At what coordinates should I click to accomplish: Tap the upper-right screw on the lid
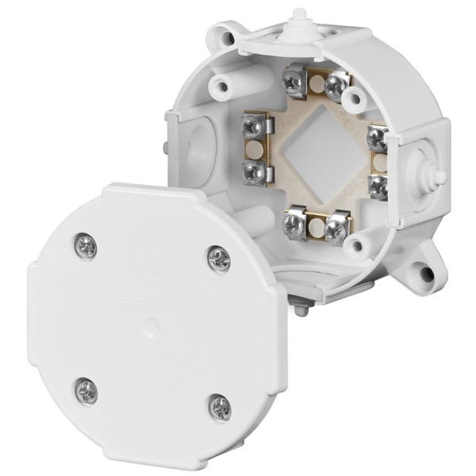pyautogui.click(x=218, y=257)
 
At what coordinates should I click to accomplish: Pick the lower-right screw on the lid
pyautogui.click(x=220, y=408)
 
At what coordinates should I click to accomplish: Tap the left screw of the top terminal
pyautogui.click(x=293, y=80)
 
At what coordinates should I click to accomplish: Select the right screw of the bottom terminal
pyautogui.click(x=336, y=229)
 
